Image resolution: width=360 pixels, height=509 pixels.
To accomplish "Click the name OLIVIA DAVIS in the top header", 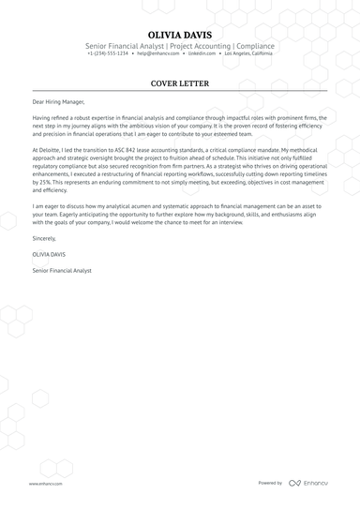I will click(x=179, y=33).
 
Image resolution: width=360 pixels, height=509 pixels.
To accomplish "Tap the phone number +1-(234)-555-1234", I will click(x=108, y=54).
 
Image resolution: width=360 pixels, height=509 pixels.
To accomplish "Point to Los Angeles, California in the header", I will click(x=248, y=54).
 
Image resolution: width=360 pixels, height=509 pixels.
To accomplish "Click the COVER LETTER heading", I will click(x=179, y=83).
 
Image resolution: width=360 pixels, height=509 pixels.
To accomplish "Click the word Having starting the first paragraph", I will click(x=43, y=117).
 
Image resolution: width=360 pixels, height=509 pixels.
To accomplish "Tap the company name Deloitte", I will click(x=53, y=150).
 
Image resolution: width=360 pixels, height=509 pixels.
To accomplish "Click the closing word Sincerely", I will click(x=44, y=239).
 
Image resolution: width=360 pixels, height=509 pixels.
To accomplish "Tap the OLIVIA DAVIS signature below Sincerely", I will click(x=51, y=254).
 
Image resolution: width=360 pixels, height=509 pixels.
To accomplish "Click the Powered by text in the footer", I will click(x=271, y=483).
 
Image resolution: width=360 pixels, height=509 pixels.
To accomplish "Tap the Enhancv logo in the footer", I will click(x=309, y=483).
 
